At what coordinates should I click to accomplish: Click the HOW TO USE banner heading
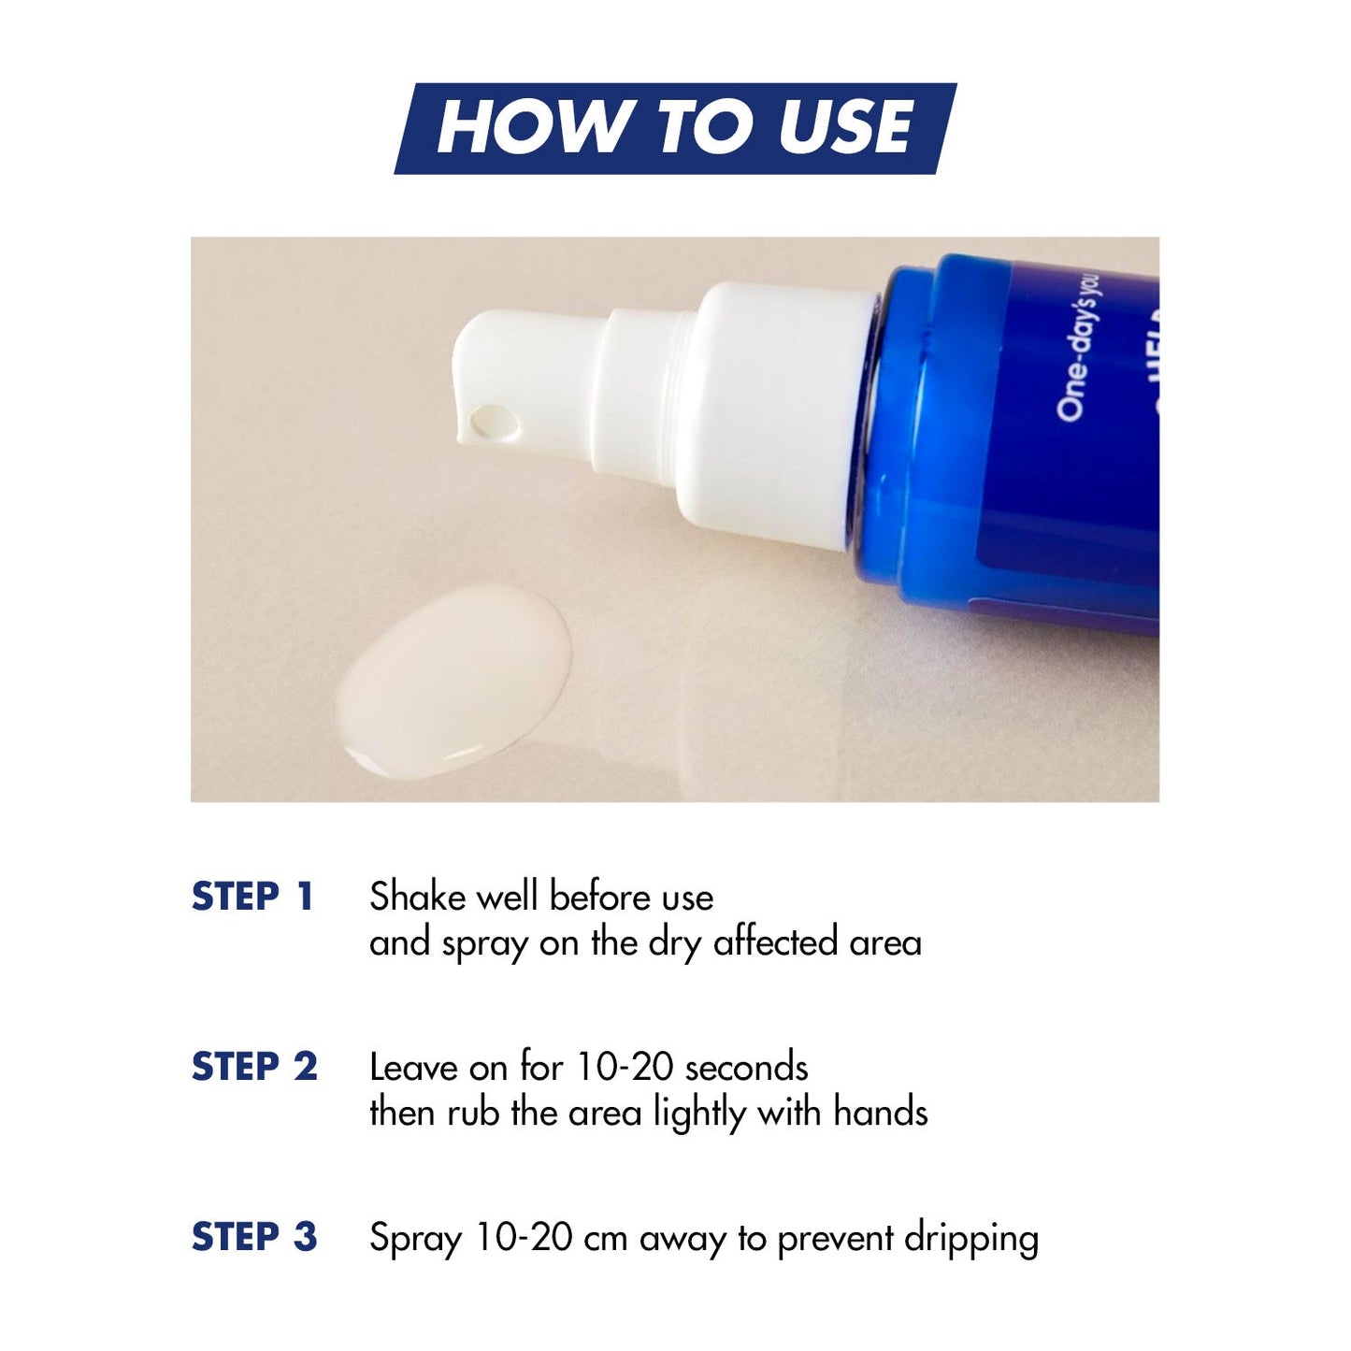point(675,128)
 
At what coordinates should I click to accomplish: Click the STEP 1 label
point(252,897)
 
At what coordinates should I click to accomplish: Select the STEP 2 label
point(254,1067)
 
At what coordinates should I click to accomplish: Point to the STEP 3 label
point(254,1237)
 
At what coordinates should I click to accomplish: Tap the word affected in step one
point(776,942)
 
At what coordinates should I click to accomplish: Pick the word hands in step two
point(880,1113)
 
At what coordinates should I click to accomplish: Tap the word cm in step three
point(605,1239)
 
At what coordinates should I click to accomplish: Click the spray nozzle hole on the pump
point(494,422)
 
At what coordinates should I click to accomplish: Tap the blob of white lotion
point(453,680)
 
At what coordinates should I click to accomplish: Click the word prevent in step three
point(835,1239)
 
